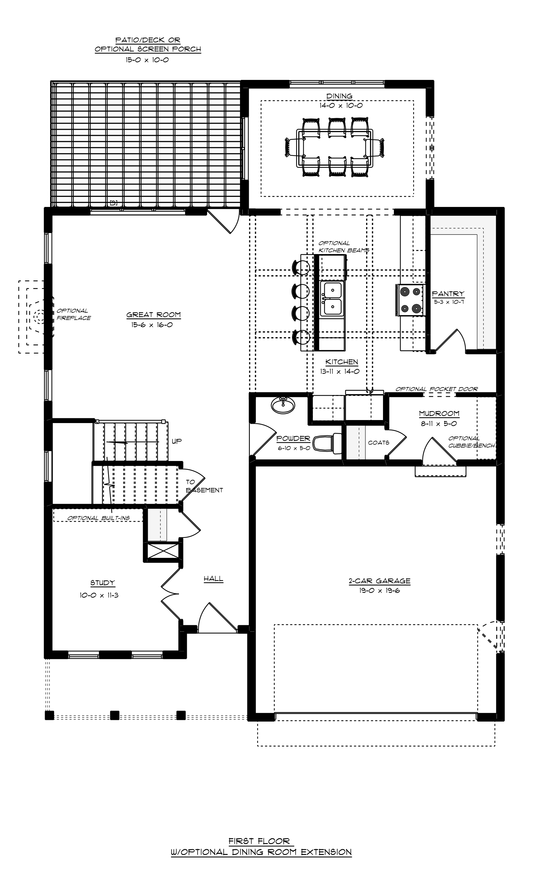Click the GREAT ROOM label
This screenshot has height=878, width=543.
click(x=153, y=315)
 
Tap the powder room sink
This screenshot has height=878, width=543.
click(x=283, y=405)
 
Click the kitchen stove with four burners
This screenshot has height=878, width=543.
click(x=411, y=300)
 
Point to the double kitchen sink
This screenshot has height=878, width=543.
click(x=332, y=298)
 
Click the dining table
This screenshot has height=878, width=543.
click(x=335, y=148)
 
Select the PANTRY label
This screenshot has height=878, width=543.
click(x=448, y=293)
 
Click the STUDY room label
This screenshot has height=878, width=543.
click(x=102, y=583)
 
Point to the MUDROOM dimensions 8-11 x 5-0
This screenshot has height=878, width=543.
click(x=439, y=423)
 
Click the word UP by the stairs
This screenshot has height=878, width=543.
click(x=176, y=441)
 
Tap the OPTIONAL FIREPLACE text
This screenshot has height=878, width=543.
click(x=74, y=314)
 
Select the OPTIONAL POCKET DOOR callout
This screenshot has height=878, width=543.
click(x=437, y=389)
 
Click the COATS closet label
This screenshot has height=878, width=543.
click(x=379, y=443)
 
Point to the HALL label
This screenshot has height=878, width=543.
click(x=213, y=579)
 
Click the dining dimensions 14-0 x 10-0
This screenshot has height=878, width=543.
click(x=341, y=105)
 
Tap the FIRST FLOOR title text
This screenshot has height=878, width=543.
click(x=259, y=841)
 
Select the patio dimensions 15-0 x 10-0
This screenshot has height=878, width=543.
click(x=147, y=60)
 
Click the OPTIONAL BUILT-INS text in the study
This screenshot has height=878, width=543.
click(x=98, y=518)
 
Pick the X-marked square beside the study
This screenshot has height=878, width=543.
click(x=163, y=551)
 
